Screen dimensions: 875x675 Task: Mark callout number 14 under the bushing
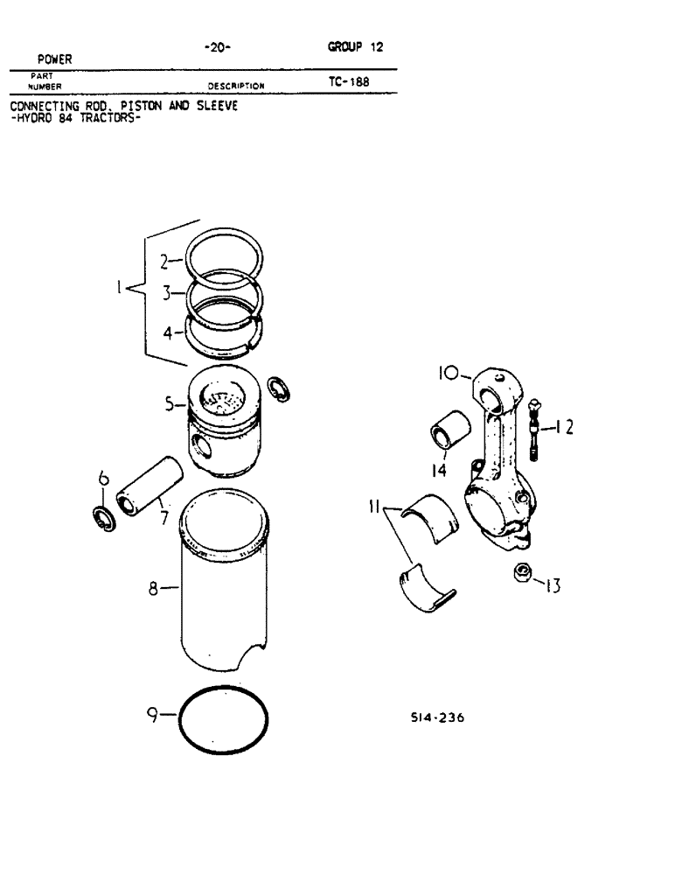(x=439, y=470)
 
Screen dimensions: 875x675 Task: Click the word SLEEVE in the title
(x=213, y=106)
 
